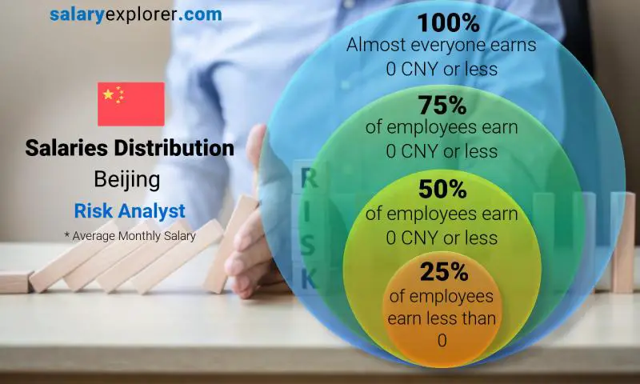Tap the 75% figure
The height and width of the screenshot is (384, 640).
[442, 105]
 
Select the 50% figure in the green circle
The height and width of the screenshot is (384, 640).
[442, 190]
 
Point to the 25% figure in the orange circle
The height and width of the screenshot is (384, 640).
[442, 272]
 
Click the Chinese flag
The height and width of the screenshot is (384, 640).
[131, 104]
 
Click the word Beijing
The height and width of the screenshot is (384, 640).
[126, 179]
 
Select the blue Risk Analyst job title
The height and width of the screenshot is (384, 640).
[130, 211]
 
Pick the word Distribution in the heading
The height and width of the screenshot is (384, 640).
[183, 148]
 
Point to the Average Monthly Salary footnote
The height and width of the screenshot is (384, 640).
[130, 235]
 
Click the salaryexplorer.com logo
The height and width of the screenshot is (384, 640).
[135, 14]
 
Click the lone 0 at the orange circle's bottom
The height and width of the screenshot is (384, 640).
[441, 341]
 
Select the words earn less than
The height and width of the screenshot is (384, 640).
[442, 318]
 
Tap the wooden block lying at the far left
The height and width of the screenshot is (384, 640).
[15, 282]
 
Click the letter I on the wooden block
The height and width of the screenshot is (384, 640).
[308, 213]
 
